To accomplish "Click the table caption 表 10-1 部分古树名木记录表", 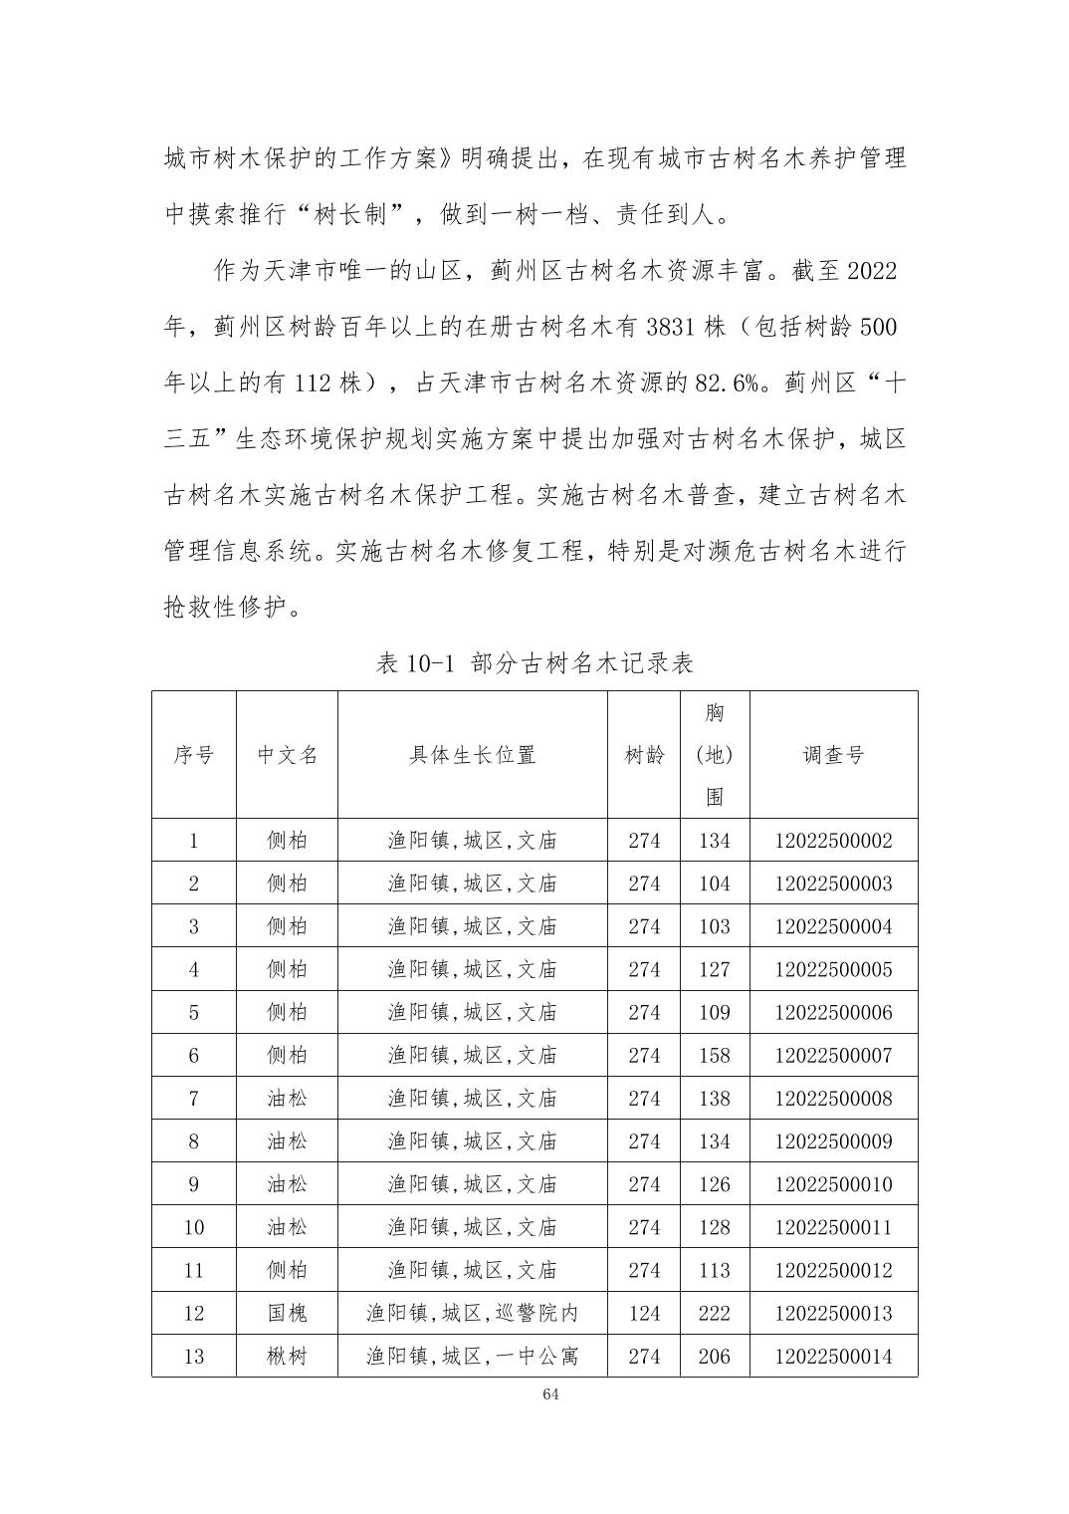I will (x=534, y=663).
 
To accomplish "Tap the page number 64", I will (x=550, y=1393).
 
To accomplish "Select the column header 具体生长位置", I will (x=472, y=755).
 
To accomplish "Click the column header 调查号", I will (x=833, y=755).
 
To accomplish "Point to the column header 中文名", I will (x=287, y=755).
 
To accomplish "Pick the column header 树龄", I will (x=644, y=755).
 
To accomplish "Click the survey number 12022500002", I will (x=833, y=841).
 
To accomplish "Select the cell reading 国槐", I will (x=287, y=1313).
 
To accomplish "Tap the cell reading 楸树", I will (x=287, y=1356).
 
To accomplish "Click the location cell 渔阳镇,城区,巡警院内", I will (x=472, y=1313).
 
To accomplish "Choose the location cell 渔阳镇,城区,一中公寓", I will (x=472, y=1356).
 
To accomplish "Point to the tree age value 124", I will (x=644, y=1313).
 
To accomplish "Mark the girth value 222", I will (x=714, y=1313).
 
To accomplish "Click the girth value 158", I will (x=714, y=1056).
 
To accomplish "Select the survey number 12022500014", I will (x=833, y=1356).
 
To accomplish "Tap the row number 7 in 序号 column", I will (x=193, y=1099).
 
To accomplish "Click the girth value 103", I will (x=714, y=926).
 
